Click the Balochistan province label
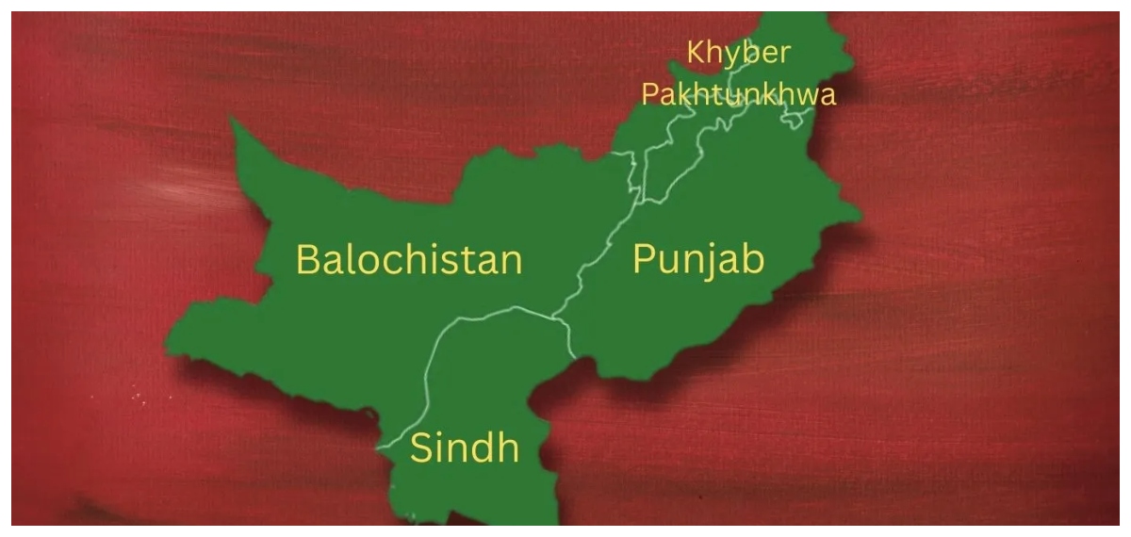[409, 259]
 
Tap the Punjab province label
[697, 259]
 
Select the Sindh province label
[464, 448]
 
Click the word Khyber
[738, 54]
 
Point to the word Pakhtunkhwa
[738, 94]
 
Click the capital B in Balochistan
[309, 259]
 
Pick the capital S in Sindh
[421, 449]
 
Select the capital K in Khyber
[696, 53]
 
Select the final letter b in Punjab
[751, 258]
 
